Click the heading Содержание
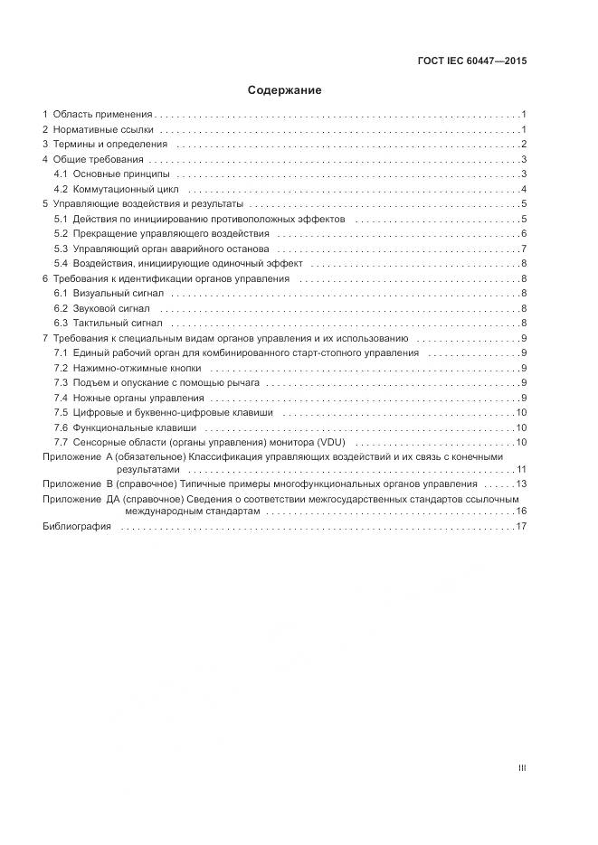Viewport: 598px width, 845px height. (285, 90)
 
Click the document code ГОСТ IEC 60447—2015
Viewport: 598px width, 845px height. (472, 61)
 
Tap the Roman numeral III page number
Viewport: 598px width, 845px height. (522, 768)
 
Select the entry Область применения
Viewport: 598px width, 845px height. (102, 115)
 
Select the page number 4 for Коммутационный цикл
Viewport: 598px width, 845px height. (524, 190)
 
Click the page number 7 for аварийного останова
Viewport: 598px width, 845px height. (524, 249)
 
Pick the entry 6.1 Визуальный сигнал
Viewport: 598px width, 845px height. (109, 294)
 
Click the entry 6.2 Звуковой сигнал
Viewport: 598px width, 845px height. (105, 308)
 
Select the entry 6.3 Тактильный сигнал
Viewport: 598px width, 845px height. (109, 323)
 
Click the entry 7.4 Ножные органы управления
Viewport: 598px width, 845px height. (129, 398)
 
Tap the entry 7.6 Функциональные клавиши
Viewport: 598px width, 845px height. (125, 427)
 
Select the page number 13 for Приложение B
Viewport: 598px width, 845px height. (521, 484)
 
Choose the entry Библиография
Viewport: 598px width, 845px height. (77, 527)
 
